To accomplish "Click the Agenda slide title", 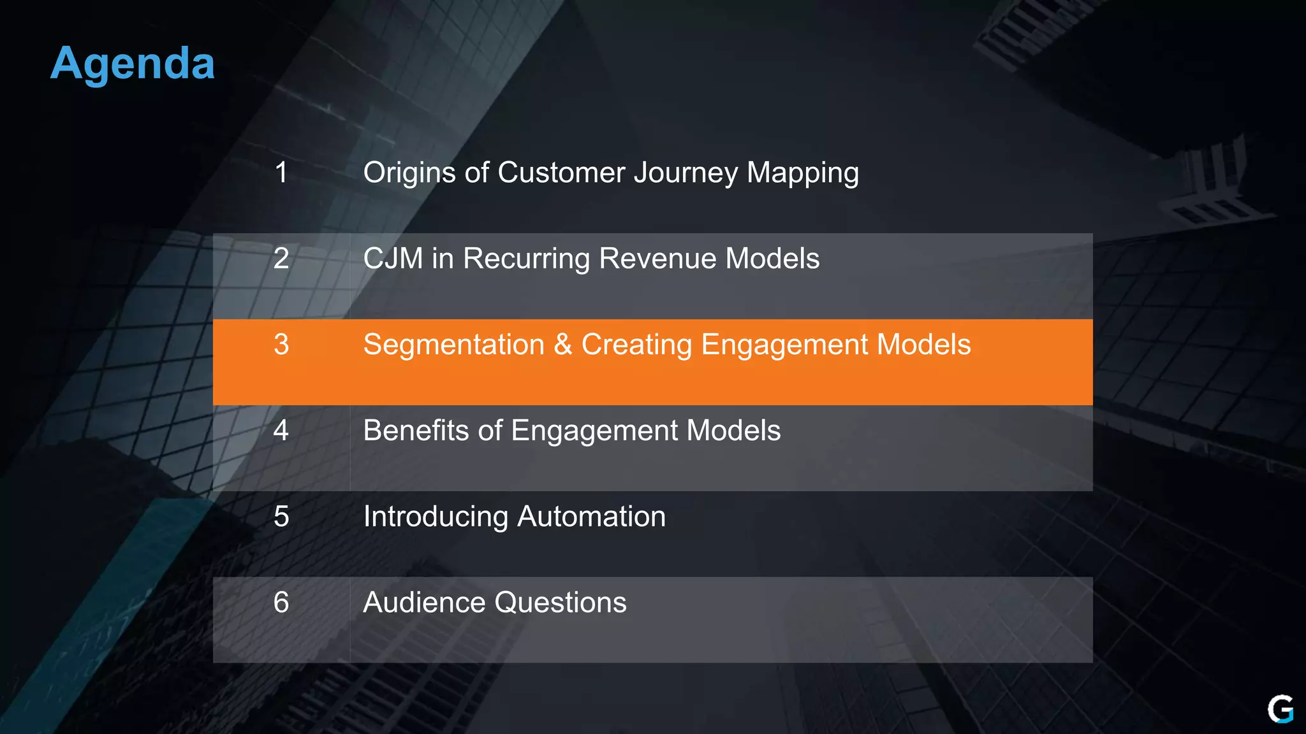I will [133, 64].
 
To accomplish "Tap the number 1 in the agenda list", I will [281, 173].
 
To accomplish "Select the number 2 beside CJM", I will [281, 259].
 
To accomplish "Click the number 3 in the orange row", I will [281, 345].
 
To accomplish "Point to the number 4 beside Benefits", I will [281, 431].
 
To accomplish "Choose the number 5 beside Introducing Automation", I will [281, 517].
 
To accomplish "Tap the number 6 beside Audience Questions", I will [281, 603].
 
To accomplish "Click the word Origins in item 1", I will [409, 173].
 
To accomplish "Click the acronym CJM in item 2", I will [393, 259].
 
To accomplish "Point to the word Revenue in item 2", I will [657, 259].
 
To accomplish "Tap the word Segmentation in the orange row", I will [453, 345].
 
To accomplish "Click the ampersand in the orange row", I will [563, 345].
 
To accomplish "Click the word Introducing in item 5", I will [436, 517].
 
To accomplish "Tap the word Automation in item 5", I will [591, 517].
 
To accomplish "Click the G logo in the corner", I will [1280, 709].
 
